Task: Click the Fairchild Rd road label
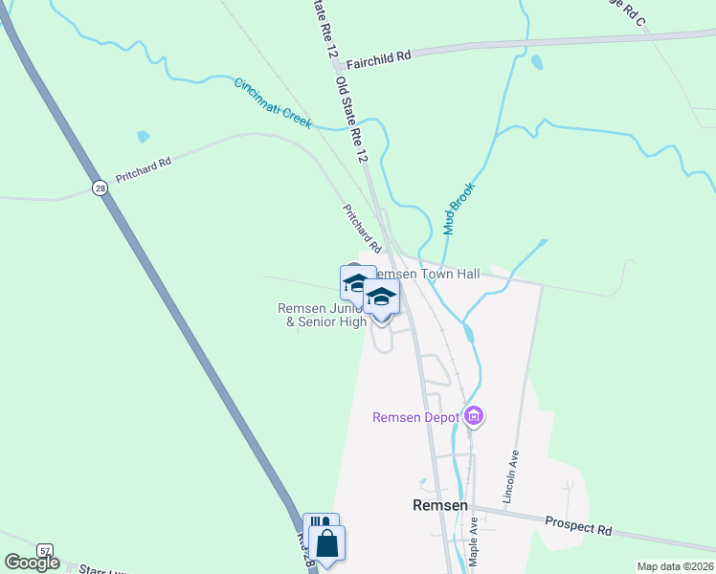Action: coord(378,56)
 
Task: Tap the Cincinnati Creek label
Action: coord(273,103)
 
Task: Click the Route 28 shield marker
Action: coord(101,188)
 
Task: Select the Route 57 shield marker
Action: coord(45,550)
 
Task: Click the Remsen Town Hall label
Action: coord(431,274)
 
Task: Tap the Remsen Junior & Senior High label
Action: coord(322,315)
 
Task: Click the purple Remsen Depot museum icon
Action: coord(473,416)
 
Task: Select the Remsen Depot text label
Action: coord(415,417)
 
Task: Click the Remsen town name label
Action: coord(439,504)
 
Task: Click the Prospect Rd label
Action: coord(578,526)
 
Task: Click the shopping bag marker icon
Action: coord(326,542)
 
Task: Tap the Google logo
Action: coord(32,562)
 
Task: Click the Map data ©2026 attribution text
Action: coord(675,566)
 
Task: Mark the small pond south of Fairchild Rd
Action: coord(536,63)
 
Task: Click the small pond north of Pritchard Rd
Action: coord(143,137)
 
